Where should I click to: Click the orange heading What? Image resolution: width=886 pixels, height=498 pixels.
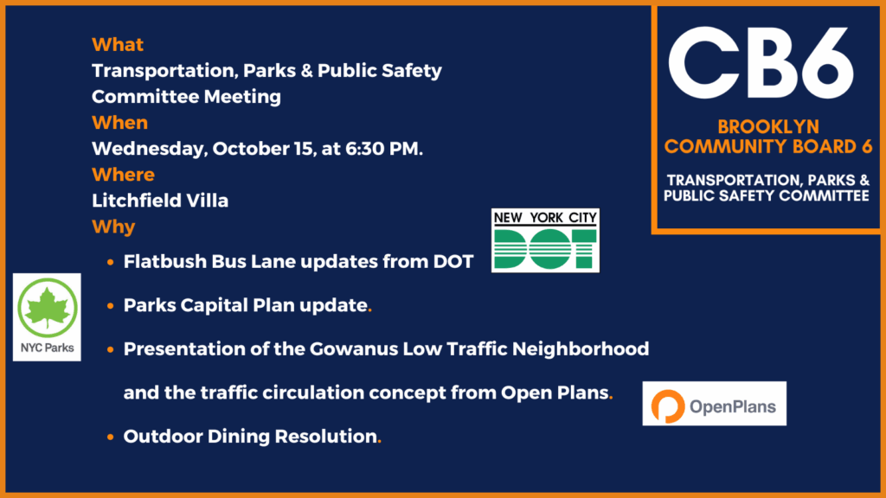pyautogui.click(x=118, y=45)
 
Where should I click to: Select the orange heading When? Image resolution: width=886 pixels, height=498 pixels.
pyautogui.click(x=119, y=123)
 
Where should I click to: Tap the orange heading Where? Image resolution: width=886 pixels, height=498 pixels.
pyautogui.click(x=123, y=175)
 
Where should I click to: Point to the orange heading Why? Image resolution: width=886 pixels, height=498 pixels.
pyautogui.click(x=113, y=227)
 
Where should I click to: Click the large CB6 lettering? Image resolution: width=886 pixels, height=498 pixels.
pyautogui.click(x=761, y=64)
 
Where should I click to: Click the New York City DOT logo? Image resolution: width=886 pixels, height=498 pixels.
pyautogui.click(x=545, y=240)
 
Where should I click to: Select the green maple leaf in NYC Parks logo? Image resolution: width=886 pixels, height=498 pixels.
pyautogui.click(x=48, y=307)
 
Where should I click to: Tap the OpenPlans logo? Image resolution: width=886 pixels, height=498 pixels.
pyautogui.click(x=714, y=404)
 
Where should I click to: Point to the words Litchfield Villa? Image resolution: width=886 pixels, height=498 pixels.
pyautogui.click(x=160, y=201)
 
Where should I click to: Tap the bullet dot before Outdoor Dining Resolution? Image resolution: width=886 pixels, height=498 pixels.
pyautogui.click(x=110, y=437)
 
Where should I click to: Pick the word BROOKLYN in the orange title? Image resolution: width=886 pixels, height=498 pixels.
pyautogui.click(x=768, y=126)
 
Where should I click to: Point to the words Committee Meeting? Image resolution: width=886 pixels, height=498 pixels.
pyautogui.click(x=187, y=97)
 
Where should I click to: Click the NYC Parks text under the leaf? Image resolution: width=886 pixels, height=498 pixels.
pyautogui.click(x=48, y=348)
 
